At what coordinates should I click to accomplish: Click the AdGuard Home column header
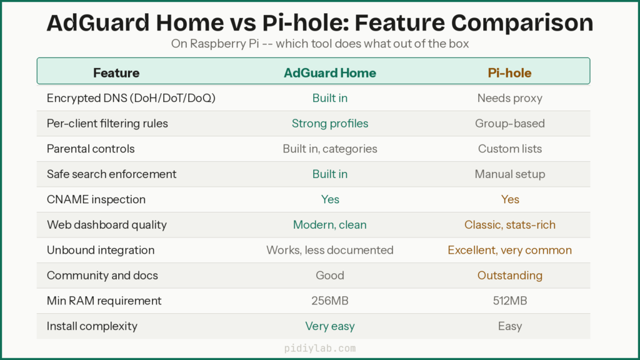pyautogui.click(x=330, y=73)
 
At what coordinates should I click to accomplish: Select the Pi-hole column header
pyautogui.click(x=509, y=73)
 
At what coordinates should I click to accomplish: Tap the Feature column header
pyautogui.click(x=116, y=73)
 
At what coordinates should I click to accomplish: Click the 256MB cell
pyautogui.click(x=330, y=301)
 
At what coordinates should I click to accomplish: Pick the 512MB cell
pyautogui.click(x=509, y=301)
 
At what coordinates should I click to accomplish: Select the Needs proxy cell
pyautogui.click(x=509, y=98)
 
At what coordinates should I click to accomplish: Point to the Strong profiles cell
pyautogui.click(x=330, y=123)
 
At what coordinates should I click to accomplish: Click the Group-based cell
pyautogui.click(x=509, y=123)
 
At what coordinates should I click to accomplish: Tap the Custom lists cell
pyautogui.click(x=509, y=149)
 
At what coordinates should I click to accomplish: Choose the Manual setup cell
pyautogui.click(x=509, y=174)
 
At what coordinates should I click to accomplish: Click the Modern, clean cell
pyautogui.click(x=330, y=224)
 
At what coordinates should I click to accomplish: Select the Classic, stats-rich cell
pyautogui.click(x=509, y=224)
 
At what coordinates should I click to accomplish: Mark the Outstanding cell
pyautogui.click(x=509, y=275)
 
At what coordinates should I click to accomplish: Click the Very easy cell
pyautogui.click(x=330, y=326)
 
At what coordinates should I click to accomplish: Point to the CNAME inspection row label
pyautogui.click(x=96, y=199)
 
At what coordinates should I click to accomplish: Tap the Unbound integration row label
pyautogui.click(x=101, y=250)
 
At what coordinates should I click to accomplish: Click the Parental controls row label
pyautogui.click(x=91, y=149)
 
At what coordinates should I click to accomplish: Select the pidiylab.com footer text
pyautogui.click(x=320, y=348)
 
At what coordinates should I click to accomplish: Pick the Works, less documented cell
pyautogui.click(x=330, y=250)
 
